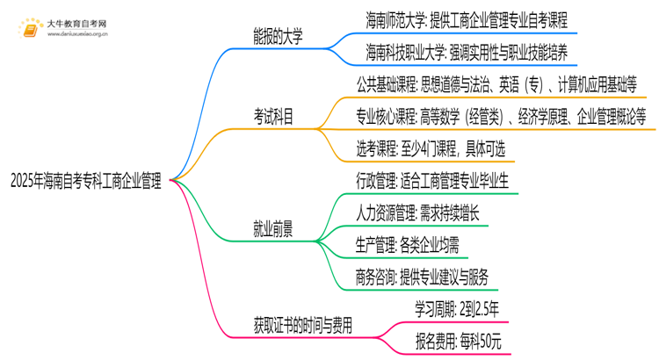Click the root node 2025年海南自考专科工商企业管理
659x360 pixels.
[x=85, y=182]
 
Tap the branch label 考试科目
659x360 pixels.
[x=274, y=115]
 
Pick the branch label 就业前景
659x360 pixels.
[x=274, y=229]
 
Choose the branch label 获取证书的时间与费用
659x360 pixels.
[x=303, y=325]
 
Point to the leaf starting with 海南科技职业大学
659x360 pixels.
[x=467, y=53]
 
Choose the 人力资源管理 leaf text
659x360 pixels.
[x=418, y=212]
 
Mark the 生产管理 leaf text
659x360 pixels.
[x=413, y=245]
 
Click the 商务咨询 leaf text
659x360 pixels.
[x=424, y=277]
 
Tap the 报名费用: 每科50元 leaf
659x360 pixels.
[x=457, y=341]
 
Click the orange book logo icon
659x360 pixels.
[x=32, y=25]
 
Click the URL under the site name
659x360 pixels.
[x=77, y=33]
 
